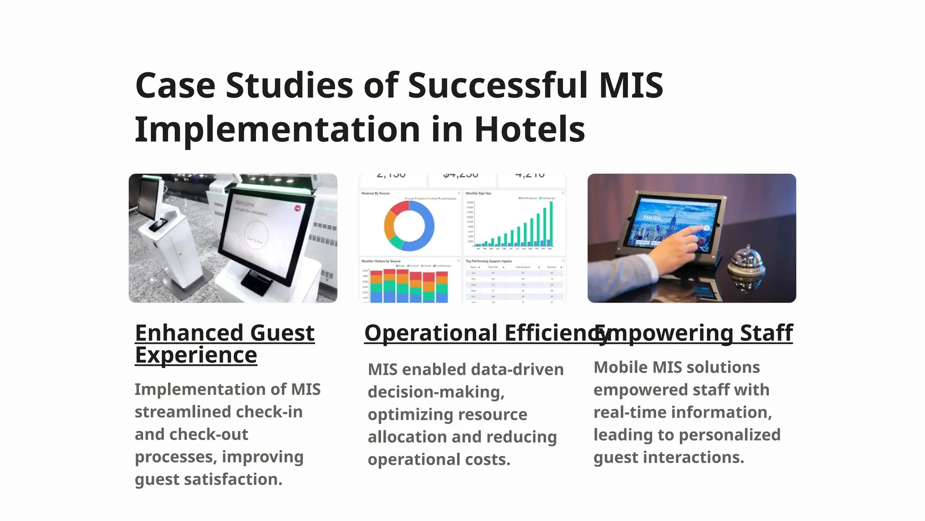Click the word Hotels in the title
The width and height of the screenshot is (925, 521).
pyautogui.click(x=529, y=130)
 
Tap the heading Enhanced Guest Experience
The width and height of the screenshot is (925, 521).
pyautogui.click(x=224, y=344)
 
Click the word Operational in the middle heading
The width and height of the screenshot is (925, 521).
pyautogui.click(x=431, y=333)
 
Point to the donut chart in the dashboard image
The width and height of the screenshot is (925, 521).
pyautogui.click(x=409, y=226)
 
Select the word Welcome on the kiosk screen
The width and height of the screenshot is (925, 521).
pyautogui.click(x=244, y=204)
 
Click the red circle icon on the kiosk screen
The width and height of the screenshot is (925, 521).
pyautogui.click(x=298, y=208)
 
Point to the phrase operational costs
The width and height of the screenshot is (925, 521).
pyautogui.click(x=439, y=459)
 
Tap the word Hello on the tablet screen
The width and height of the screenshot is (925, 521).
pyautogui.click(x=652, y=218)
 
